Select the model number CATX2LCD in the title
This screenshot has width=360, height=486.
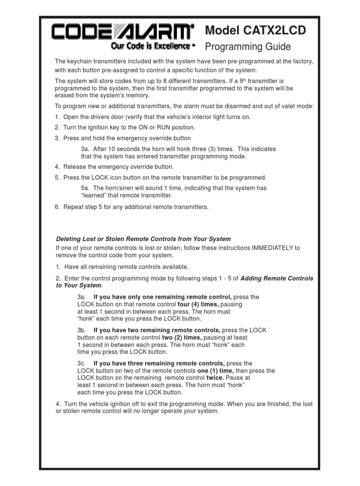(x=273, y=30)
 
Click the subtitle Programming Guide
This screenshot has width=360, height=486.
(x=248, y=47)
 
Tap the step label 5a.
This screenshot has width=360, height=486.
(x=85, y=188)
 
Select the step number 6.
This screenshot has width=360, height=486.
(x=57, y=207)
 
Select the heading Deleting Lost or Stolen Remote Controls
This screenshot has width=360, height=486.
(x=143, y=239)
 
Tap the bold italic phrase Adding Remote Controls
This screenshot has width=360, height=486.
(x=277, y=278)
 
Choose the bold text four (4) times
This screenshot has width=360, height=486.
(x=198, y=304)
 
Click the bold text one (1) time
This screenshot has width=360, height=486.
(x=215, y=371)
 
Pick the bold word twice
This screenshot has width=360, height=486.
(x=215, y=378)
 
